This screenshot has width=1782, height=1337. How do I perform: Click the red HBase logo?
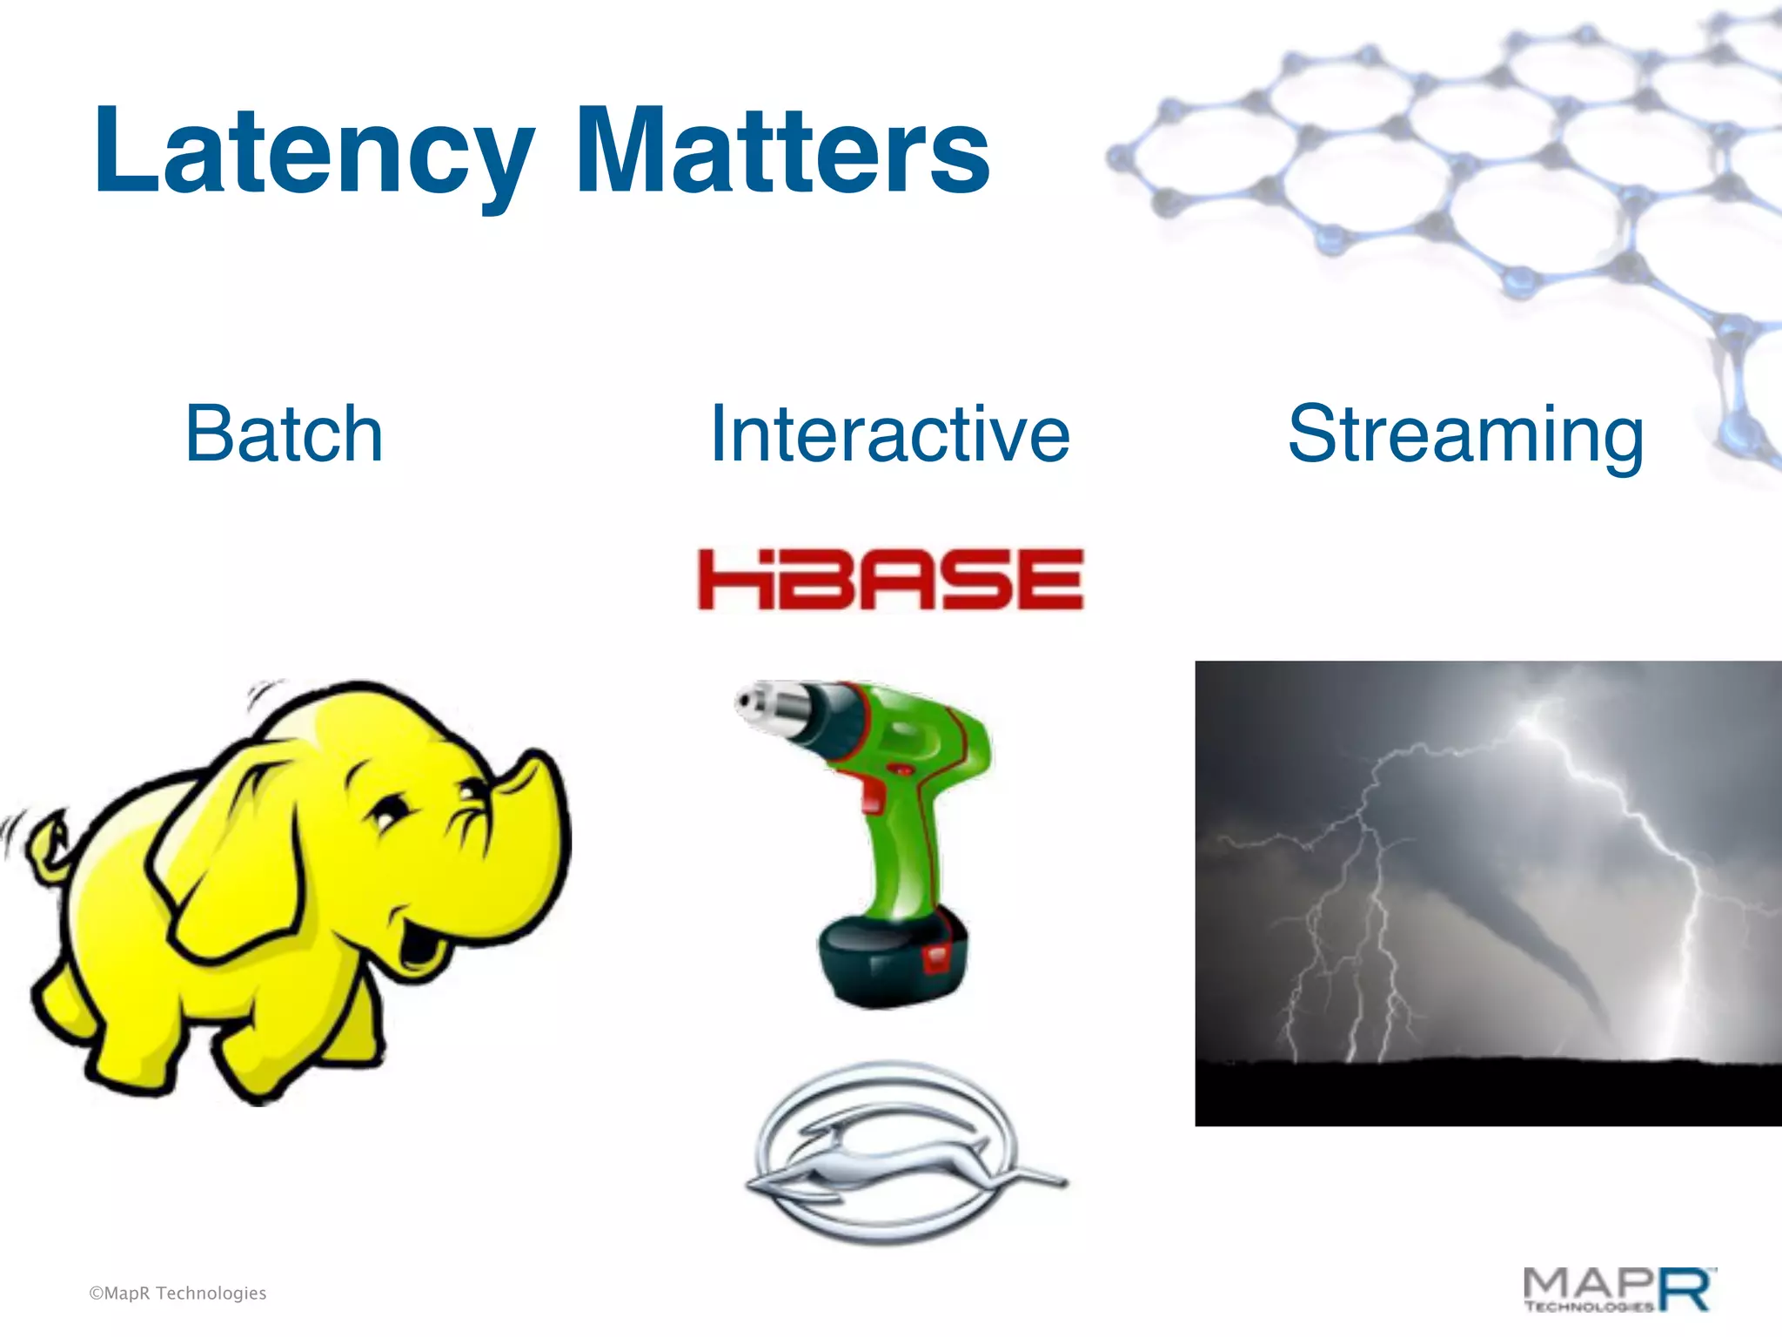click(889, 580)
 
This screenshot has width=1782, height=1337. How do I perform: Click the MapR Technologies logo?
click(1618, 1290)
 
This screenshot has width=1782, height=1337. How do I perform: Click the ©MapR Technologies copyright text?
click(178, 1293)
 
